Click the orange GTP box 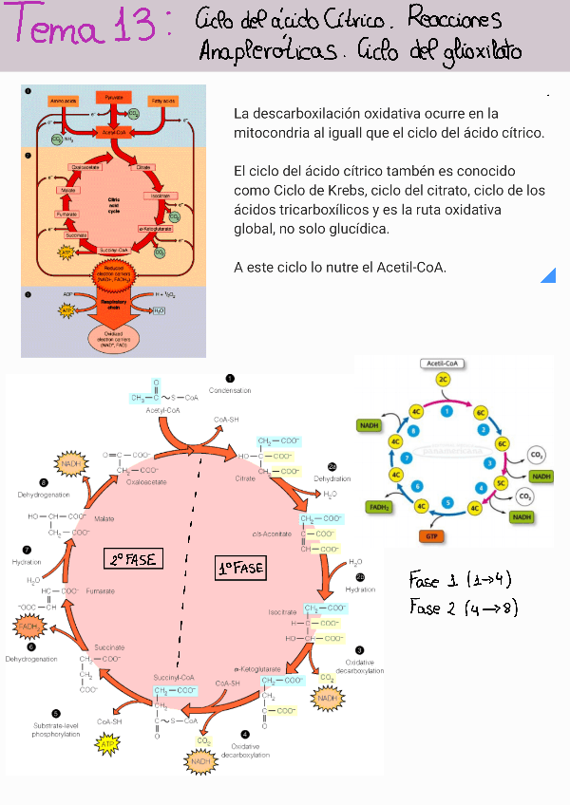coord(432,535)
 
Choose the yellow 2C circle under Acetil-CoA coord(444,380)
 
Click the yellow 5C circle coord(500,484)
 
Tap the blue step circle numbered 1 coord(446,410)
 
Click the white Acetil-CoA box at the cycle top coord(444,364)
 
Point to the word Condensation coord(230,390)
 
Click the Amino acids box coord(65,101)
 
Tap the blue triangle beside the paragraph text coord(548,275)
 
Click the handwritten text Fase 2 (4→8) coord(463,607)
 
